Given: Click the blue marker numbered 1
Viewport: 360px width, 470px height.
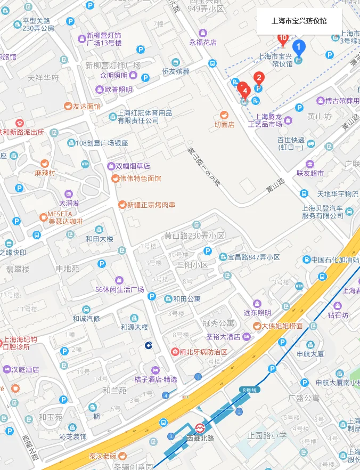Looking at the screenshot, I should point(298,48).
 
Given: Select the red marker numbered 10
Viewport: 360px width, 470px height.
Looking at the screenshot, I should point(283,38).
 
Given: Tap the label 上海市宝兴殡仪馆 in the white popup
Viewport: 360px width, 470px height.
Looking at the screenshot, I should point(299,21).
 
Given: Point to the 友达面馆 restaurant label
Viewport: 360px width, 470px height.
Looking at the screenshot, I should point(87,106).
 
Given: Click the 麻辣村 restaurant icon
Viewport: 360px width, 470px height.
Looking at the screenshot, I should point(45,163).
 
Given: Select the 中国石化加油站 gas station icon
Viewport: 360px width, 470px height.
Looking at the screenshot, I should point(307,260).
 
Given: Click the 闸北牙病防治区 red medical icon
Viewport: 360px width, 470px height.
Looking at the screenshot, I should point(175,352).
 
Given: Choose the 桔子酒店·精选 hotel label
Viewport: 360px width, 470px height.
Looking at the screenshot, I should point(156,379).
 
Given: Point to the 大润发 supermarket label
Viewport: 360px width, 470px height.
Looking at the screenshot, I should point(69,203).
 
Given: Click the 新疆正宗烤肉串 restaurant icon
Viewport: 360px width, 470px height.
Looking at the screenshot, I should point(122,205).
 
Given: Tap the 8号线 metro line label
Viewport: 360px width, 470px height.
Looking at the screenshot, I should point(249,390).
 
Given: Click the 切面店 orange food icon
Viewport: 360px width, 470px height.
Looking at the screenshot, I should point(224,115).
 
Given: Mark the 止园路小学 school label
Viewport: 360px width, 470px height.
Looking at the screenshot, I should point(267,435).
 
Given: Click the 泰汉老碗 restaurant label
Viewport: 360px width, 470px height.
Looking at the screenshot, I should point(103,456).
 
